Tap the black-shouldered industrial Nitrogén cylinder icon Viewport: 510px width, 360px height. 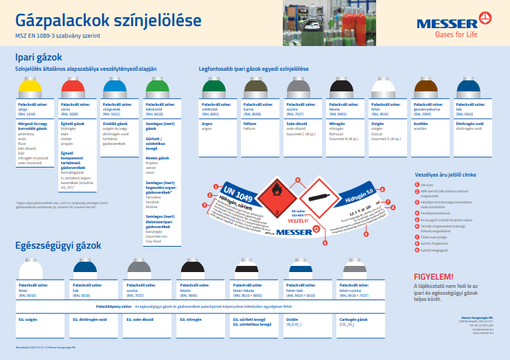point(341,88)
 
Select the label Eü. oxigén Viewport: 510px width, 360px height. point(28,319)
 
